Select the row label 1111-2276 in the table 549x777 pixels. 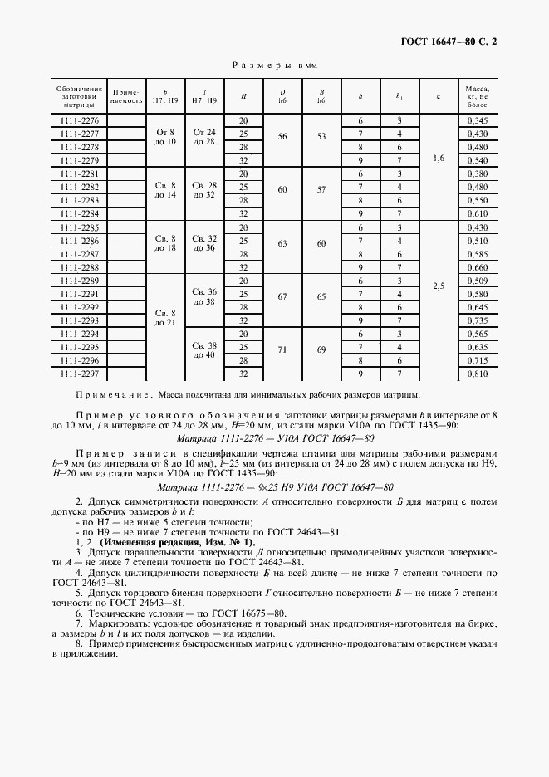pyautogui.click(x=80, y=121)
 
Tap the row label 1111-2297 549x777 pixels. pyautogui.click(x=80, y=374)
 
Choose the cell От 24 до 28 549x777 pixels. pyautogui.click(x=204, y=137)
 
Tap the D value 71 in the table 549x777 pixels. pyautogui.click(x=282, y=349)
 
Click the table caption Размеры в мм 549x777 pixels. pyautogui.click(x=274, y=63)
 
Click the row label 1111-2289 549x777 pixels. pyautogui.click(x=80, y=281)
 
